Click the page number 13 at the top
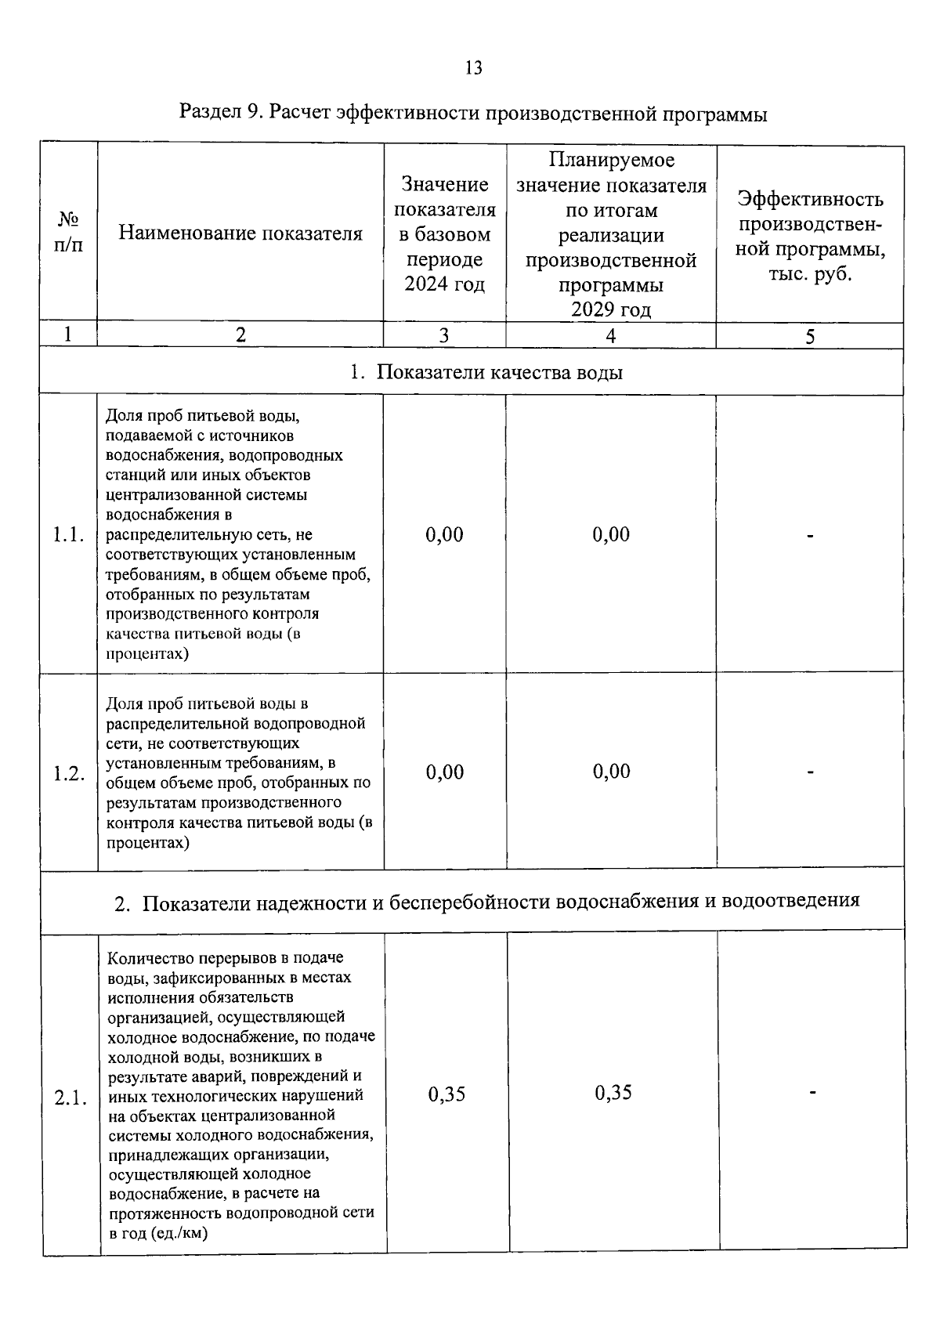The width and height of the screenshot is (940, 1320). [x=473, y=68]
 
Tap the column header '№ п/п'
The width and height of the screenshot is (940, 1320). [x=68, y=232]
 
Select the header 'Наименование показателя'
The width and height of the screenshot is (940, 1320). [x=240, y=233]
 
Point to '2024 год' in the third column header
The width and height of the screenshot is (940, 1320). [x=444, y=284]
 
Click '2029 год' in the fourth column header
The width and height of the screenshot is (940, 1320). [x=610, y=309]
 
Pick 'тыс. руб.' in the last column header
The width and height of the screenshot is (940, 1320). [x=809, y=274]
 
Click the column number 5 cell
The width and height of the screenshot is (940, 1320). [x=810, y=336]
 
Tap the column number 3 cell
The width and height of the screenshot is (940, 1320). [x=443, y=335]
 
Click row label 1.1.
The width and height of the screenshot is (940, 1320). [x=68, y=535]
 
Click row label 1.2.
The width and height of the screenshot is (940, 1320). [x=68, y=773]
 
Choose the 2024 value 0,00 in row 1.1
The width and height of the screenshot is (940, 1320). [x=444, y=535]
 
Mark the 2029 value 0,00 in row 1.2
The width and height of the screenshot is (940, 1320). [x=611, y=772]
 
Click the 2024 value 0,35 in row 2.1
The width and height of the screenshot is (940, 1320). [x=446, y=1094]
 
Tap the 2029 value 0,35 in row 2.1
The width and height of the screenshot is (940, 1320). [x=613, y=1093]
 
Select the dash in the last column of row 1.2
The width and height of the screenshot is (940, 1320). [x=811, y=772]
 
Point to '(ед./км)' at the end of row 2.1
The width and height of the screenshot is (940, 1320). [x=176, y=1232]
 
